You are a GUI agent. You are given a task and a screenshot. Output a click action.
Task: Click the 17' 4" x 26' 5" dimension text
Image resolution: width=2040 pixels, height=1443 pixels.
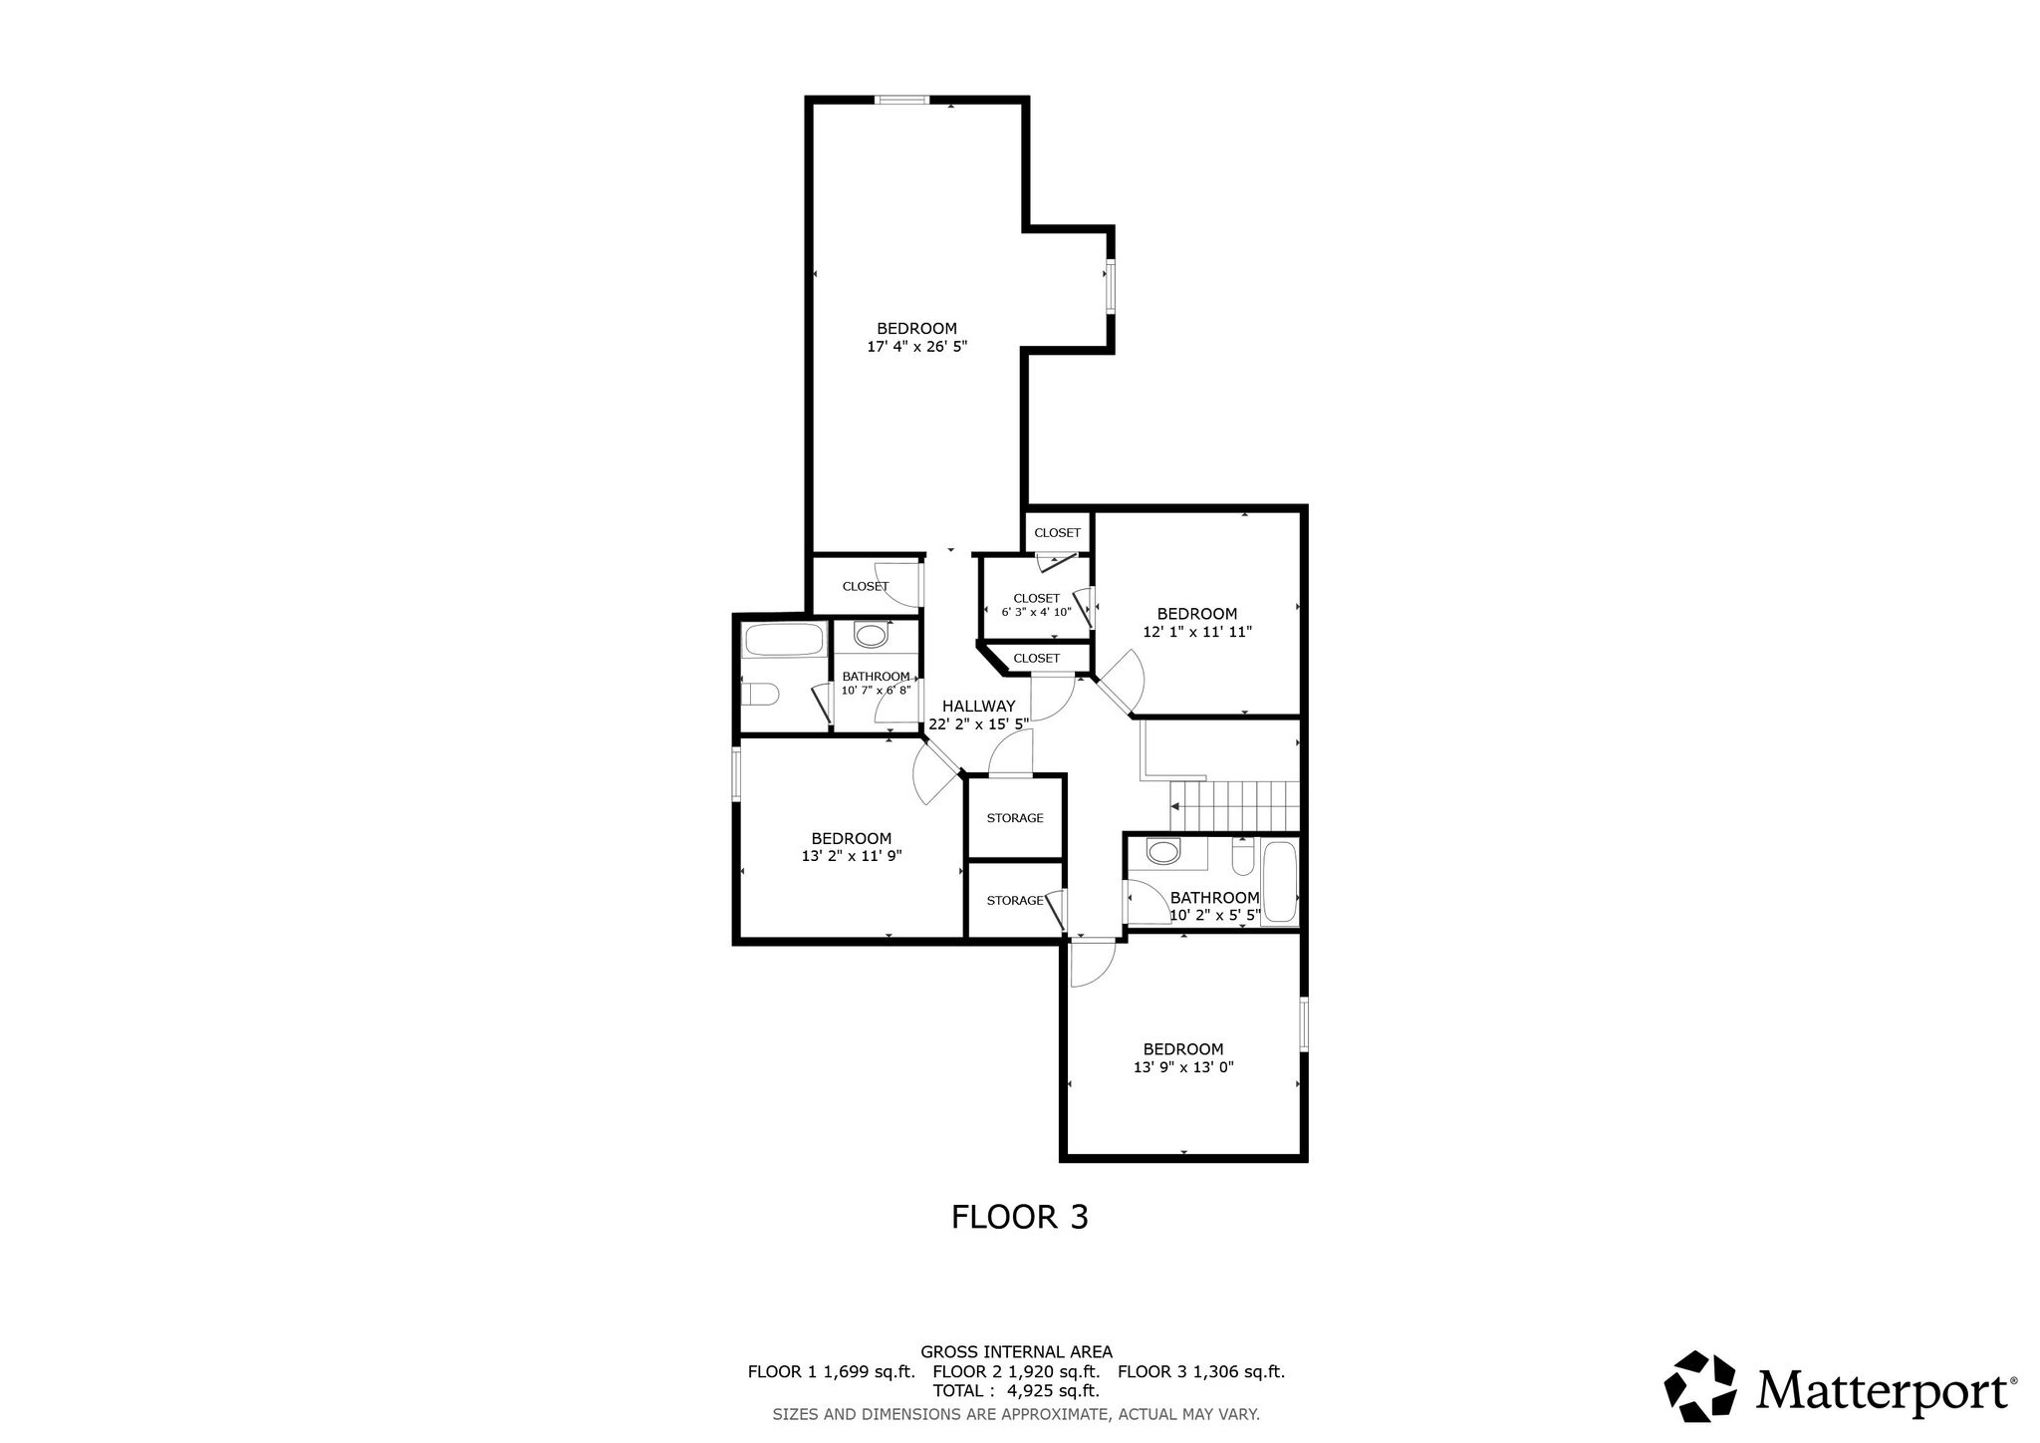click(917, 347)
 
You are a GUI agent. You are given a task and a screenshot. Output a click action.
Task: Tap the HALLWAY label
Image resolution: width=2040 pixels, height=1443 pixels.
click(979, 706)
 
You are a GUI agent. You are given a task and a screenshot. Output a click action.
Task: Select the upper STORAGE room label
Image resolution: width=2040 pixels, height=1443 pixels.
click(1015, 818)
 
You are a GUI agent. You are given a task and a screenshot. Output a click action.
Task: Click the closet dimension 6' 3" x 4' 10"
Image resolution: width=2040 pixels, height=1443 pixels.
click(1037, 612)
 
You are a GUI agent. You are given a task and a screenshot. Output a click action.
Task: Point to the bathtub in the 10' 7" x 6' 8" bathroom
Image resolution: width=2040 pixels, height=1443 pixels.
click(784, 639)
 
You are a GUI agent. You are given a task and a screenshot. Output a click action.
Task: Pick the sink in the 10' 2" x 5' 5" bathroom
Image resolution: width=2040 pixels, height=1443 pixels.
click(1162, 852)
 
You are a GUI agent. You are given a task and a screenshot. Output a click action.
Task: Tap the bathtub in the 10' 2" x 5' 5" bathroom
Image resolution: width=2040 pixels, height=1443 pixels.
click(1279, 882)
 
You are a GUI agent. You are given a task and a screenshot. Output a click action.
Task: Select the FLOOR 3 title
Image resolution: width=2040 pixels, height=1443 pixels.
click(1020, 1217)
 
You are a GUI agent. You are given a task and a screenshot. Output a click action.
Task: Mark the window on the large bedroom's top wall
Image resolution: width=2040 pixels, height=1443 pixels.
click(902, 99)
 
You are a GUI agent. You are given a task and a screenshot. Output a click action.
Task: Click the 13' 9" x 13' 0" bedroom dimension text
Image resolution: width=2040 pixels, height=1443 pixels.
click(1183, 1066)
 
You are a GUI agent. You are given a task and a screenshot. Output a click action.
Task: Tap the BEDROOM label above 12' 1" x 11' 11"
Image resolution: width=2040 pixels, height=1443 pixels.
click(1197, 614)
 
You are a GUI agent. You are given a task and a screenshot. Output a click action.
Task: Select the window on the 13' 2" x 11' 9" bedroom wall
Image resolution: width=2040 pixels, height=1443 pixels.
click(737, 773)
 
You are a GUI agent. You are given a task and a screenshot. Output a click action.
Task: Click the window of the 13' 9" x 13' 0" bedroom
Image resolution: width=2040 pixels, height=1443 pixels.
click(1304, 1022)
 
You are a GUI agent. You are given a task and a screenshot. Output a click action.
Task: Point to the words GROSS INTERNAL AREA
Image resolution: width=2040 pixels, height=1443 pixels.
click(1016, 1352)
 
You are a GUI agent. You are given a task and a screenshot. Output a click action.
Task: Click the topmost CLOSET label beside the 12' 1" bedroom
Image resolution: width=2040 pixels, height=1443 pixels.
click(1057, 533)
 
